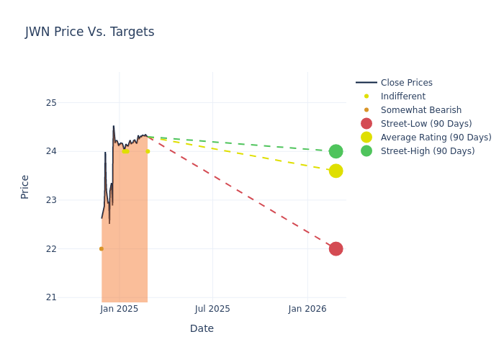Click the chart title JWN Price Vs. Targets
tap(89, 32)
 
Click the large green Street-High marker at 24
tap(336, 151)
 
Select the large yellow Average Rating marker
tap(336, 171)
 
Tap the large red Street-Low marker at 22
tap(336, 248)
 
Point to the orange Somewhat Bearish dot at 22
tap(102, 248)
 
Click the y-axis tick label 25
tap(51, 102)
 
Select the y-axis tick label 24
tap(51, 151)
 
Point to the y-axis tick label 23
tap(51, 200)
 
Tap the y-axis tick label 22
tap(51, 249)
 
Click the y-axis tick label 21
tap(51, 297)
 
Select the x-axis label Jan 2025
tap(120, 309)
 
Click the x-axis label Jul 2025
tap(212, 309)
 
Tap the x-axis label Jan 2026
tap(307, 309)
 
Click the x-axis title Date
tap(202, 329)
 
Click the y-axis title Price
tap(25, 186)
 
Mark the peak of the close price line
tap(113, 127)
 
